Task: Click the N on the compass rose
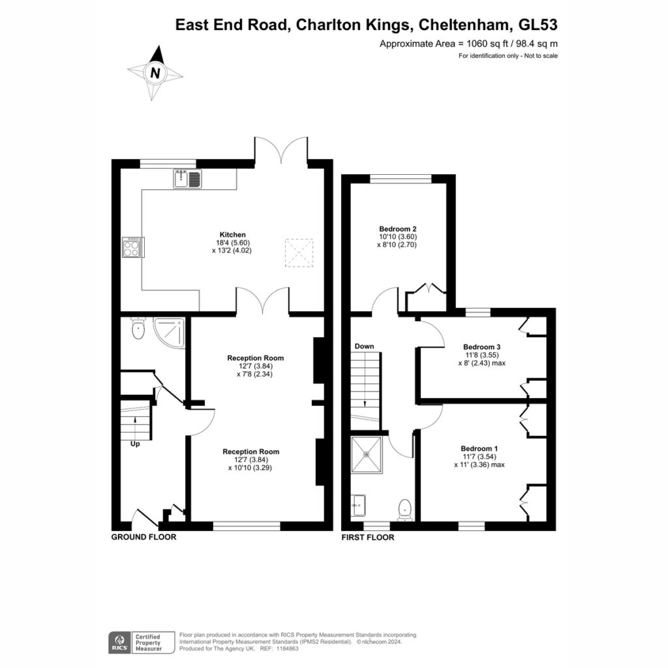click(155, 73)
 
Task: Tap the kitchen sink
click(187, 179)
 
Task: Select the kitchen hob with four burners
click(132, 247)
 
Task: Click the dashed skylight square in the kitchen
click(299, 252)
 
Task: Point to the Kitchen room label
click(233, 235)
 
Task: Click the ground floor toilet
click(138, 327)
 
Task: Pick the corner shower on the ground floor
click(169, 333)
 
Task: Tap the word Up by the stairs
click(135, 444)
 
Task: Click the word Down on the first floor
click(364, 346)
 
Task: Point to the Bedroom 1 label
click(479, 449)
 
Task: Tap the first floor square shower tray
click(367, 455)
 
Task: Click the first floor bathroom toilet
click(404, 509)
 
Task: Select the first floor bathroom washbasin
click(359, 506)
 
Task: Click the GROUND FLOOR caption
click(144, 538)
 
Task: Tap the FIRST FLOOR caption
click(368, 538)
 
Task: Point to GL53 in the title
click(538, 25)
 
